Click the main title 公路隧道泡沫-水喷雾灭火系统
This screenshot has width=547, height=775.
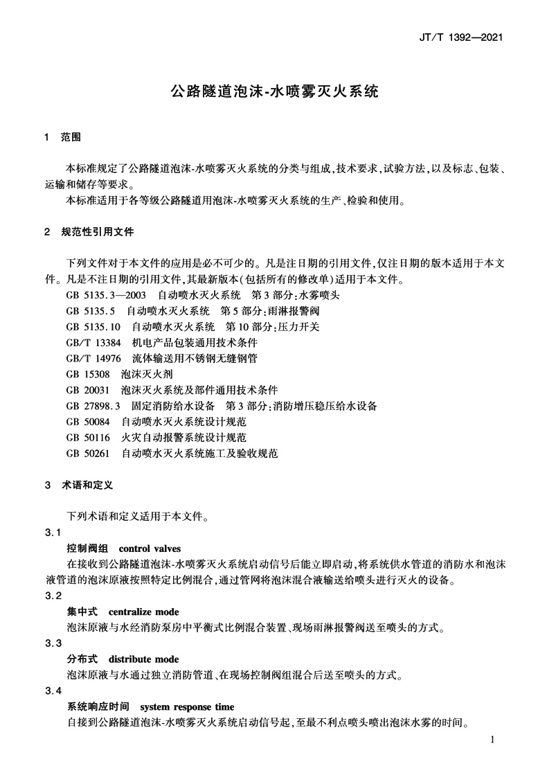coord(274,91)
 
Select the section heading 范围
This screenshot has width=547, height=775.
coord(71,138)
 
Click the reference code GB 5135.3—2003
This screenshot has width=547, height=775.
coord(106,295)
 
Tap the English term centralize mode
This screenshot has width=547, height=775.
coord(143,612)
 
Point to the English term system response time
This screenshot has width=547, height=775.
coord(187,707)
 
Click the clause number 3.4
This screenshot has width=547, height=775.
coord(53,691)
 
